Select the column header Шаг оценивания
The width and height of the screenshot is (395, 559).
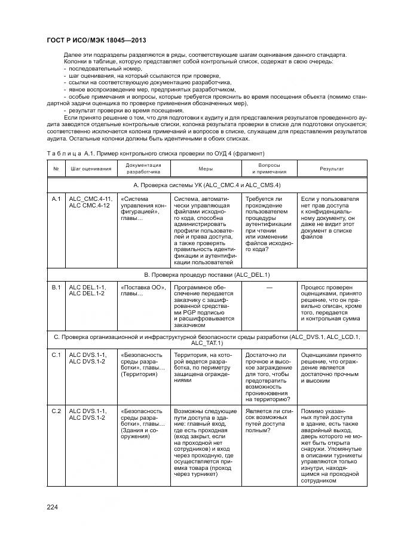point(91,169)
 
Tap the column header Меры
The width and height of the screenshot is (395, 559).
point(206,169)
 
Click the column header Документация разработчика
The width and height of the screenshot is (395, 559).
point(143,169)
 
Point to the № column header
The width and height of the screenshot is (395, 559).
point(56,169)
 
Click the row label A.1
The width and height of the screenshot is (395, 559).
point(57,198)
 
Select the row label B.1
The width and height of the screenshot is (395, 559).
point(57,288)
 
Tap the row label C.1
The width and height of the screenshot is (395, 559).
point(57,355)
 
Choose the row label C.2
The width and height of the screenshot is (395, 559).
point(57,411)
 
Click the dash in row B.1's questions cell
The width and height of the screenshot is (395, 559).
point(269,288)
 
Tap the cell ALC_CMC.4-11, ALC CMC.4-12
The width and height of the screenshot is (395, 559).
point(90,201)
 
